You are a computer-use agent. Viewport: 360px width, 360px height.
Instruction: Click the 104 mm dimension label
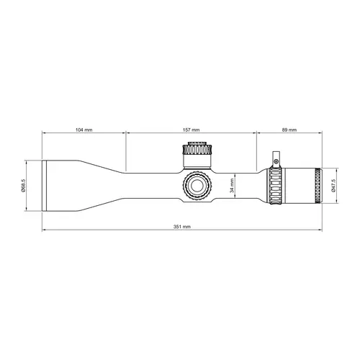[x=84, y=130]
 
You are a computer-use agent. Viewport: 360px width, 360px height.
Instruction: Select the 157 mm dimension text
[x=191, y=130]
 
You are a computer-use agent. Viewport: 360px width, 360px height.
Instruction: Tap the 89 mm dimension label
[x=289, y=130]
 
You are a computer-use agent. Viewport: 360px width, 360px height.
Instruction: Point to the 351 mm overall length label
[x=182, y=227]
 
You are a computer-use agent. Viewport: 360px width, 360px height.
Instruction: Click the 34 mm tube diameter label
[x=232, y=185]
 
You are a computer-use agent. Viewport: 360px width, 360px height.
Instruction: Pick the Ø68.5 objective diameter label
[x=23, y=185]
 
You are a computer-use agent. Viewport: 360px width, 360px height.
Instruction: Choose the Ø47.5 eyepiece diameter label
[x=333, y=186]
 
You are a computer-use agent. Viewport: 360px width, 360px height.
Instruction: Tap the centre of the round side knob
[x=197, y=185]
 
